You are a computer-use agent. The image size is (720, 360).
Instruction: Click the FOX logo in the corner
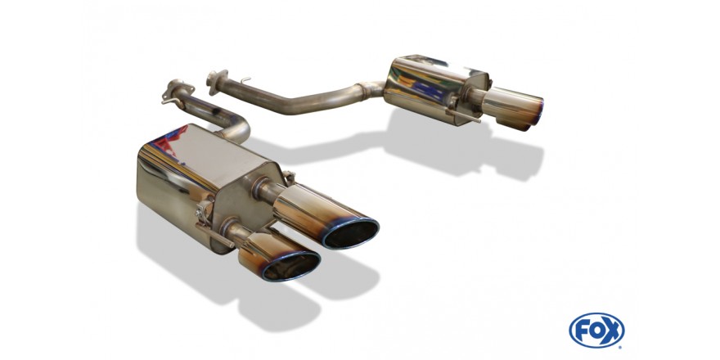pyautogui.click(x=596, y=331)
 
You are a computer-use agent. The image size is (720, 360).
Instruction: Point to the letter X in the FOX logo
pyautogui.click(x=612, y=331)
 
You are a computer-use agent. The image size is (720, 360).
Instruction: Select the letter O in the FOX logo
pyautogui.click(x=596, y=331)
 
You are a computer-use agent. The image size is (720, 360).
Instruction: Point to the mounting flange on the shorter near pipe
pyautogui.click(x=178, y=91)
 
